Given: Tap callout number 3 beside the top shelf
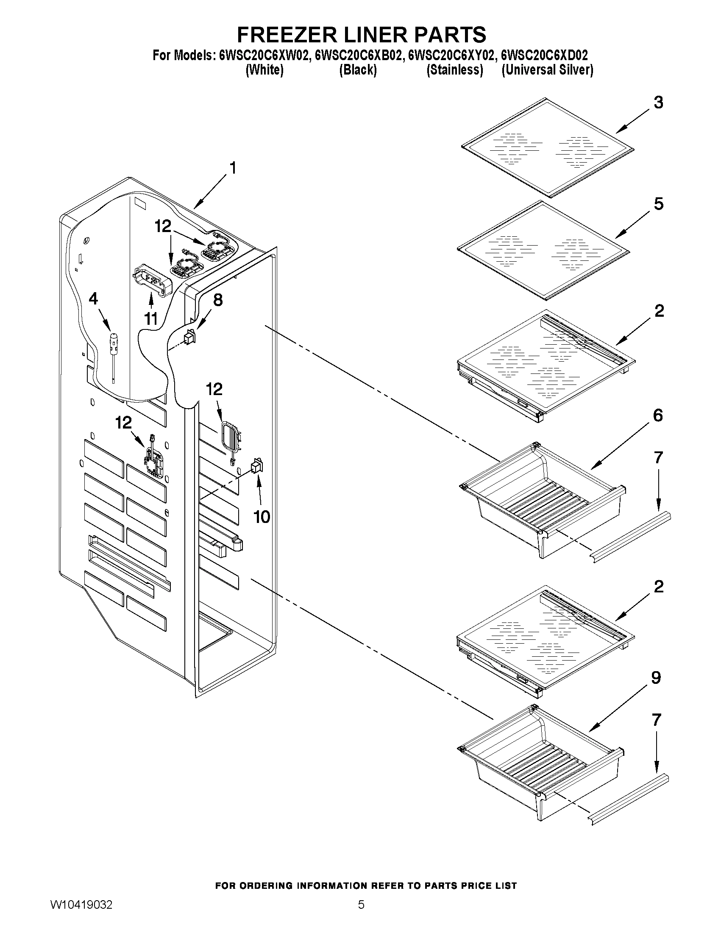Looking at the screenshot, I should [658, 102].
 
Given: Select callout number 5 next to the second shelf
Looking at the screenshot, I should [658, 204].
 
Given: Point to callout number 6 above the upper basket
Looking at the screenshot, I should [658, 415].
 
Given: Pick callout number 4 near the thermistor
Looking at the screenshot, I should [93, 299].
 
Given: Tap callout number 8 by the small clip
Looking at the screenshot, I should [217, 300].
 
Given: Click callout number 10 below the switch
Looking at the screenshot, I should [262, 517].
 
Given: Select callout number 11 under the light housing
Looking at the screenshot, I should [151, 318].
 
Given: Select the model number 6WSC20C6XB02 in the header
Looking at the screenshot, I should [358, 55].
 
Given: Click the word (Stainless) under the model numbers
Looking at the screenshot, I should [454, 70].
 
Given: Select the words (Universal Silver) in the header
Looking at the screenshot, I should [547, 70].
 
